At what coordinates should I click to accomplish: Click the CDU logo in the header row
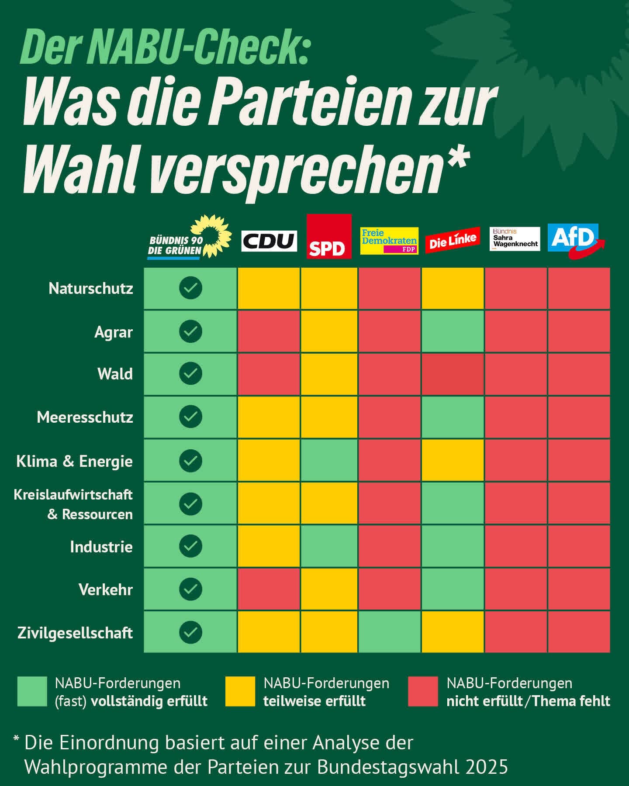pos(269,241)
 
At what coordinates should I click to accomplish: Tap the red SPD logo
pos(328,236)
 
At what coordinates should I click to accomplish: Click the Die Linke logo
pos(452,240)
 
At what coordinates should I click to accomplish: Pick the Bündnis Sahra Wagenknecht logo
pos(515,239)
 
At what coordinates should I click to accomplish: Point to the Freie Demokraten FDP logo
pos(389,241)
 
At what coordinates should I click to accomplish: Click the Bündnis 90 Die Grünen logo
pos(189,238)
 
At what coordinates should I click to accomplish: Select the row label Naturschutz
pos(91,289)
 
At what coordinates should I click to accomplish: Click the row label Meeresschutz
pos(85,417)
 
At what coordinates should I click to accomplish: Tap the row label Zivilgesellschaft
pos(75,633)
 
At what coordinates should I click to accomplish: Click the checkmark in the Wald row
pos(190,374)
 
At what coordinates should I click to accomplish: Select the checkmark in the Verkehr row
pos(190,589)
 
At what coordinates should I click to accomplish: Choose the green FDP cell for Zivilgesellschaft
pos(390,632)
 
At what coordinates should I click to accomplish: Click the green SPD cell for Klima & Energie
pos(329,460)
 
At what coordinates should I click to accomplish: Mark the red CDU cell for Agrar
pos(269,331)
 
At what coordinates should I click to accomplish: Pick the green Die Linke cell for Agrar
pos(453,331)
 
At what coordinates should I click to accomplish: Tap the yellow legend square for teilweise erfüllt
pos(240,692)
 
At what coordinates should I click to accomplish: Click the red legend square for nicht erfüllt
pos(423,692)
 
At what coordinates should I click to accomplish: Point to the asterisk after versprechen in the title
pos(457,159)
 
